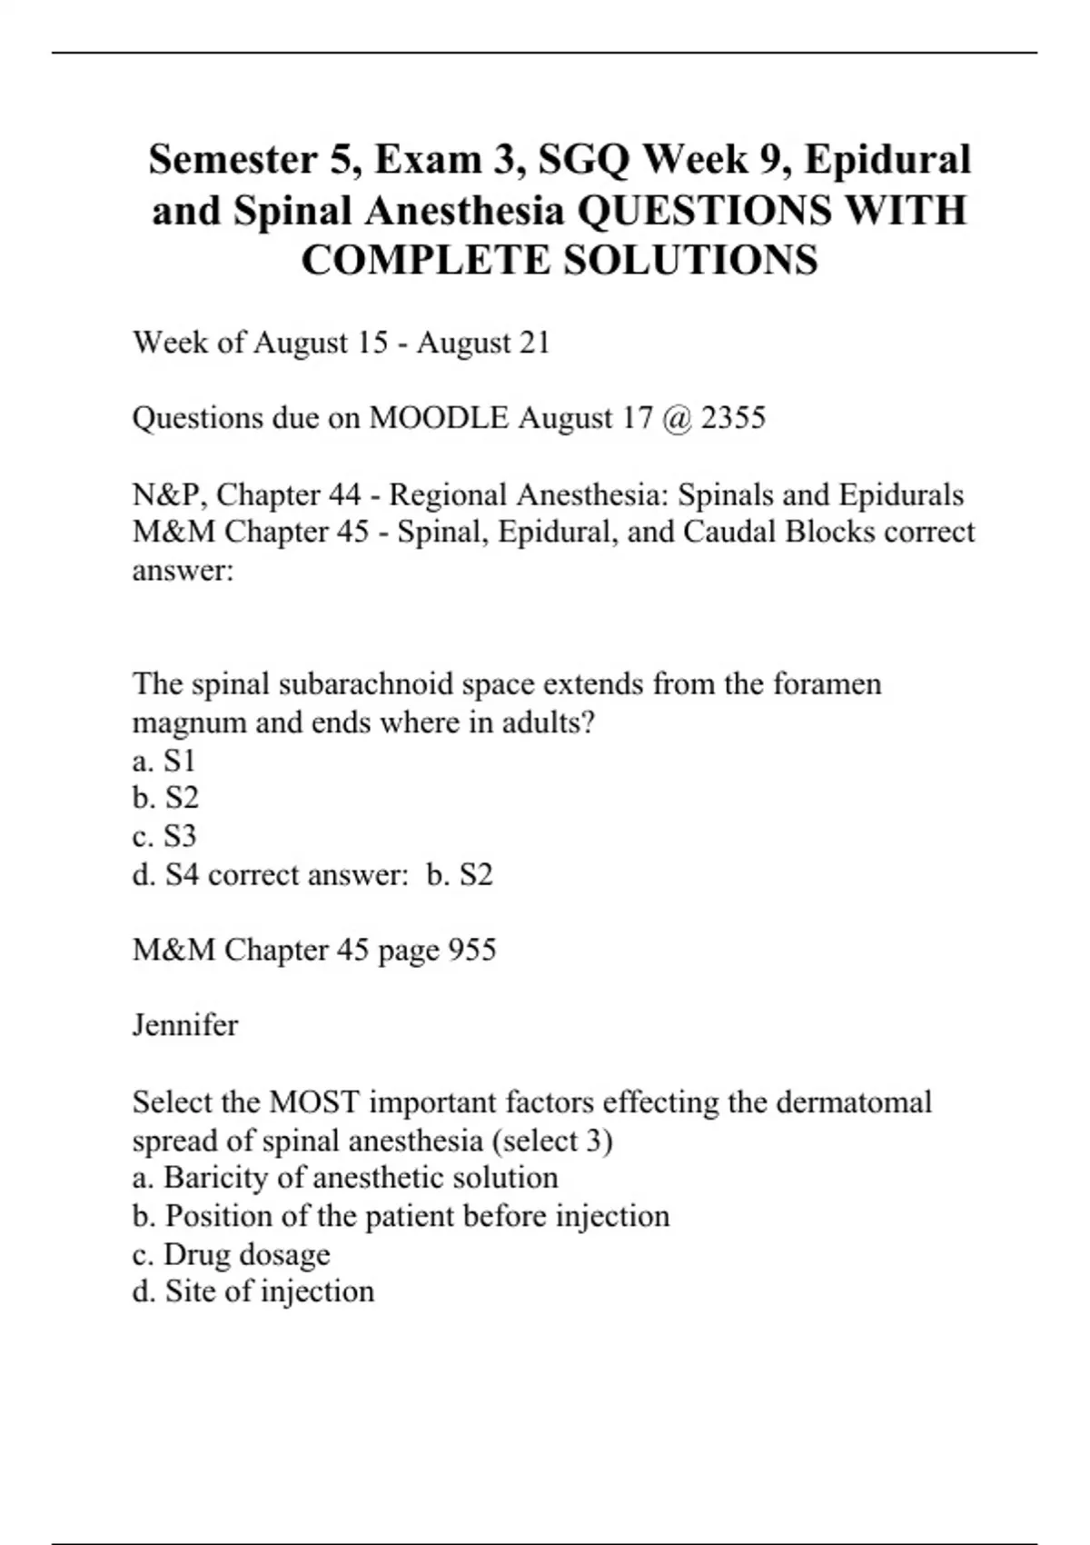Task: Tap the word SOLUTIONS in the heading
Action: click(x=690, y=261)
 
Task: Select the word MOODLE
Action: click(x=439, y=418)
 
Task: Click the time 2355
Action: click(x=733, y=418)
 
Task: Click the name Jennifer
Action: click(x=185, y=1025)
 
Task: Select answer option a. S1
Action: click(x=163, y=760)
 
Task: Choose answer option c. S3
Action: click(x=163, y=836)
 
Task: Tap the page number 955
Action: click(x=472, y=950)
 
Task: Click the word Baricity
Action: click(x=216, y=1178)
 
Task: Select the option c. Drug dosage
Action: click(x=232, y=1254)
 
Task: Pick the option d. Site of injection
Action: click(x=253, y=1291)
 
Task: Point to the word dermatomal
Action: click(x=854, y=1102)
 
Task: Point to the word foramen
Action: click(x=827, y=683)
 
